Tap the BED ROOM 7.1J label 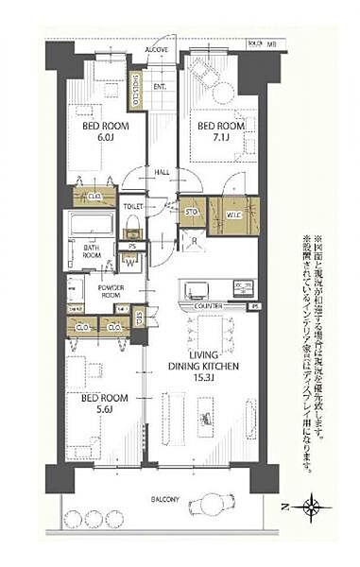click(215, 130)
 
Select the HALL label click(163, 172)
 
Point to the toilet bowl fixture click(133, 227)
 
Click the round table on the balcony click(204, 504)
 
